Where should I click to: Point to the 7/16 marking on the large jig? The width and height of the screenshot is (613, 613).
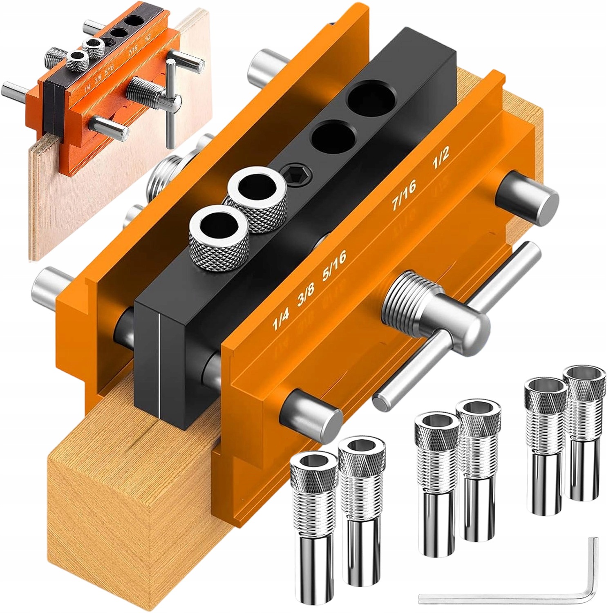pos(403,196)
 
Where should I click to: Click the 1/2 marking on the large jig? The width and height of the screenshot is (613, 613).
pos(441,157)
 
